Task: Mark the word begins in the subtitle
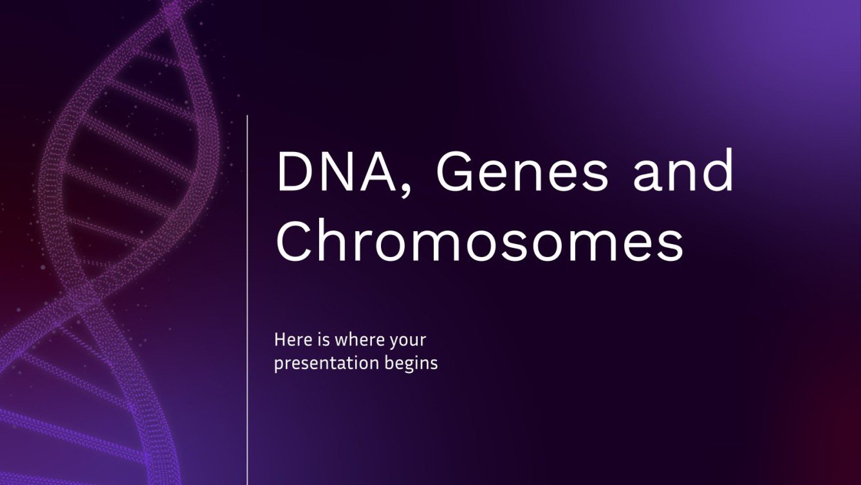point(414,363)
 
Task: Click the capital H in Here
point(279,339)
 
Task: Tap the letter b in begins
point(394,363)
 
